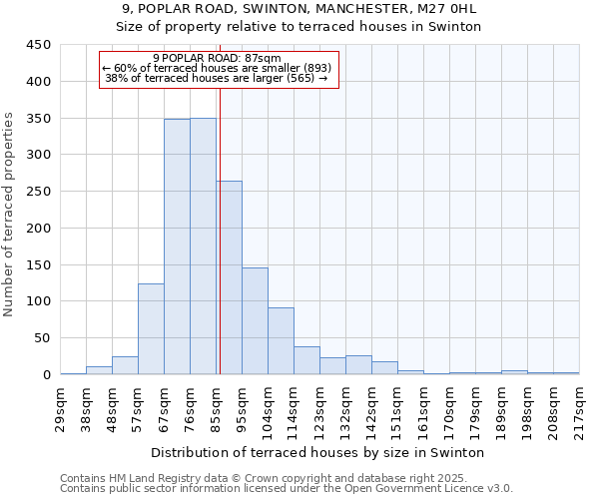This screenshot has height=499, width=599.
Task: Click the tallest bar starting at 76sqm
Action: pyautogui.click(x=203, y=247)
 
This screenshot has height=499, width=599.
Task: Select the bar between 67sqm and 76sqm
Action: pyautogui.click(x=177, y=247)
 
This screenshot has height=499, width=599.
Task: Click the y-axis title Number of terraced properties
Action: pyautogui.click(x=9, y=215)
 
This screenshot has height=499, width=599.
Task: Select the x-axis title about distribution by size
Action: pyautogui.click(x=319, y=452)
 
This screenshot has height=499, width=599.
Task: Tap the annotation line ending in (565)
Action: pyautogui.click(x=217, y=78)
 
